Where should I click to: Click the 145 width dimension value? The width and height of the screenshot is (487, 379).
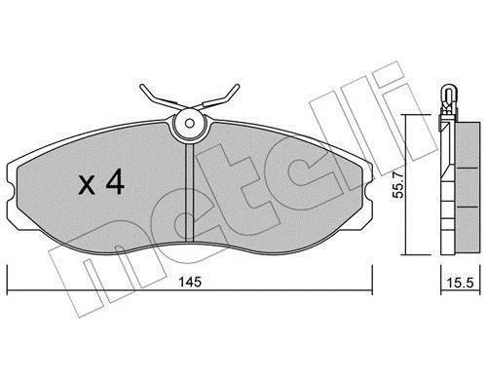(x=191, y=282)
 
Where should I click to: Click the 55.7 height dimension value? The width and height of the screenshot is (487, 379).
(x=397, y=185)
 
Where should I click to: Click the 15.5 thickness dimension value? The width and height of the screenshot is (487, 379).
(x=460, y=283)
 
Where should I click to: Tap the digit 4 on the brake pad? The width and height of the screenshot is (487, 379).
(x=115, y=181)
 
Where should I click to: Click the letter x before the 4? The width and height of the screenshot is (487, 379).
(x=87, y=186)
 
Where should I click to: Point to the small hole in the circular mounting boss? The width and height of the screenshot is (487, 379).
(x=190, y=124)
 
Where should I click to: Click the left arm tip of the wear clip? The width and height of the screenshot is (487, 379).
(x=142, y=87)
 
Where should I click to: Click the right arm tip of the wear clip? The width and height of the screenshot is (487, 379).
(x=238, y=86)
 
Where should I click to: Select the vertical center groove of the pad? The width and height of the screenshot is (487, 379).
(x=189, y=193)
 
